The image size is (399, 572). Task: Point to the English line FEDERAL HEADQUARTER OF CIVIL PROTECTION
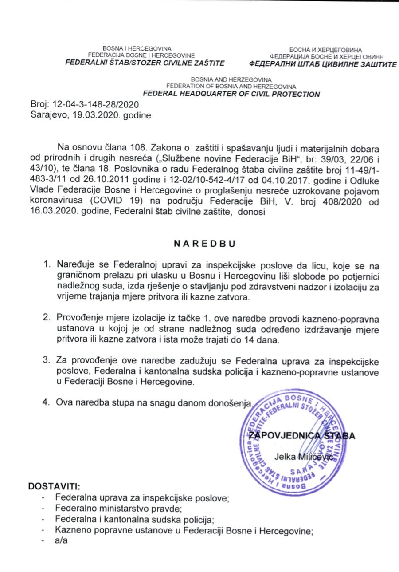click(x=231, y=94)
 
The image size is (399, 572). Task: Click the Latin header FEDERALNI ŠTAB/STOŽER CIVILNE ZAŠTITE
click(x=145, y=63)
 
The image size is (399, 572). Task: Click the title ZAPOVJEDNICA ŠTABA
click(x=302, y=436)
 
